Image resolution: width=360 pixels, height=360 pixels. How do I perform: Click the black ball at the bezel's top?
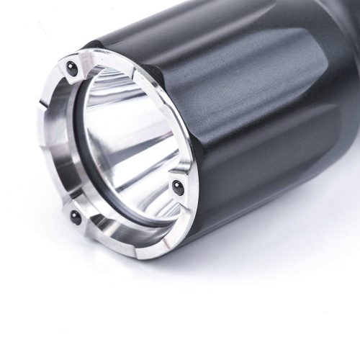tap(71, 66)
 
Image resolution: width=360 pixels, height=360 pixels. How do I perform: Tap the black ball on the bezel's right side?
tap(177, 186)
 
